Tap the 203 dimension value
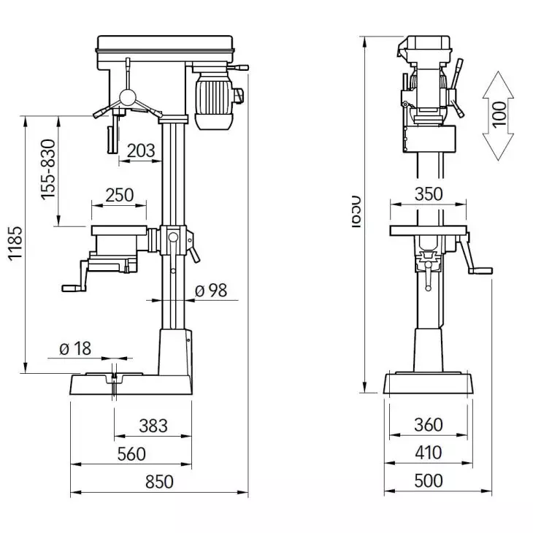point(140,151)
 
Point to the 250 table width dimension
point(119,195)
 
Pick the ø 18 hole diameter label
point(75,348)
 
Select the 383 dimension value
point(153,425)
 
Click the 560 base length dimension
point(131,454)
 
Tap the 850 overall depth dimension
point(158,483)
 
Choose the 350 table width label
point(427,195)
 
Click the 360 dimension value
point(427,425)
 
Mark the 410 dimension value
point(427,453)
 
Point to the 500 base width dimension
point(427,482)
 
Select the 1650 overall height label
point(356,212)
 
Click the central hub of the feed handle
point(127,96)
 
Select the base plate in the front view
point(428,384)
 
